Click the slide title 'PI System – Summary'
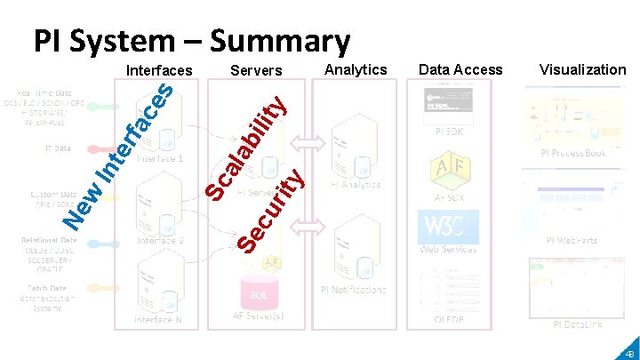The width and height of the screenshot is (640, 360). (192, 40)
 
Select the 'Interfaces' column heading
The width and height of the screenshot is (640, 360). (159, 70)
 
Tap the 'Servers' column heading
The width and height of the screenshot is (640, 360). (256, 70)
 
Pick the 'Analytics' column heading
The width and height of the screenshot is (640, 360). (356, 69)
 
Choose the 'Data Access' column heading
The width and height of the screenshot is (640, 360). (460, 69)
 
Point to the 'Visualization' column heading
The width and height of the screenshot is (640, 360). (582, 69)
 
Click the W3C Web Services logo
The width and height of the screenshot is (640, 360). (448, 227)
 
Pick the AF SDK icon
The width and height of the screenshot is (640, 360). (451, 169)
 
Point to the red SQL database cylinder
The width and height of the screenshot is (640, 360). (259, 292)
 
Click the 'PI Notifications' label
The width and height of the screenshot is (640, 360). (354, 290)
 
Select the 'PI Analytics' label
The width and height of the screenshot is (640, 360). (356, 184)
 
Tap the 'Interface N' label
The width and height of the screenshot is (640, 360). (159, 319)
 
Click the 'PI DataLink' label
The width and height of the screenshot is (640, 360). (578, 324)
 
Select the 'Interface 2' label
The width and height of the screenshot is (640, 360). (161, 240)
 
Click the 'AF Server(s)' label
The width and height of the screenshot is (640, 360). (259, 316)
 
